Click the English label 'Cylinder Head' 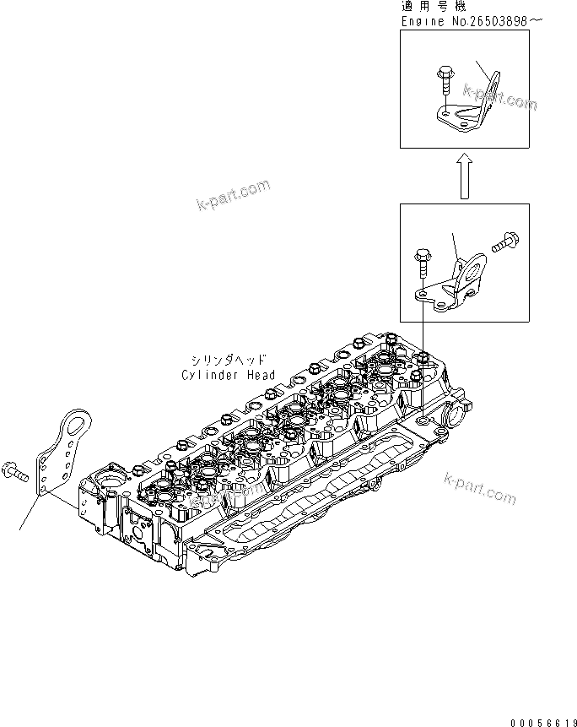228,375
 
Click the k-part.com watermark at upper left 232,195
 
